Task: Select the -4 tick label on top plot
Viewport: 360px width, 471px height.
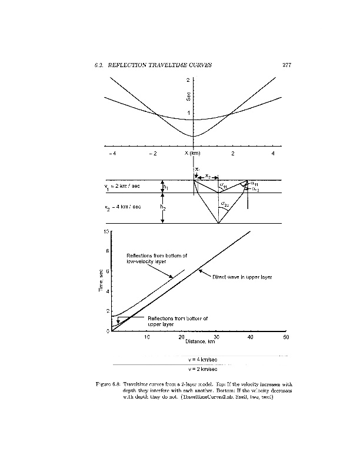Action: point(112,153)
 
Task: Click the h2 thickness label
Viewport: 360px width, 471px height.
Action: point(163,207)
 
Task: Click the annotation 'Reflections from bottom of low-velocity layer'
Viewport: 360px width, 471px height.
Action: point(157,258)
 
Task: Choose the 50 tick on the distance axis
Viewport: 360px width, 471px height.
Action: point(285,337)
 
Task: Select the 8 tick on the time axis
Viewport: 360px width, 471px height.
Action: point(106,251)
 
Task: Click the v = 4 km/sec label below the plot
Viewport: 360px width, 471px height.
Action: point(204,358)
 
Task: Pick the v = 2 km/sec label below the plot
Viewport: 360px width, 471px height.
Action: point(204,369)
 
